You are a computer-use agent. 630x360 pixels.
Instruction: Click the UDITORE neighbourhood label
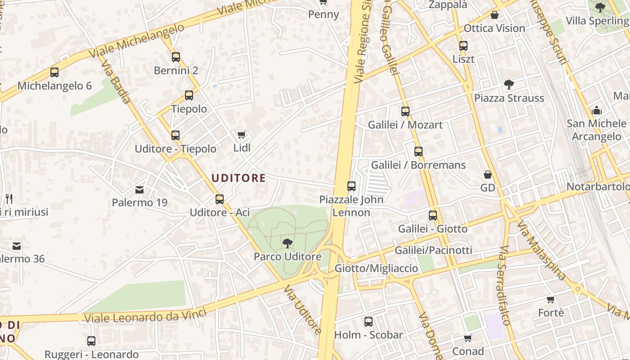click(238, 178)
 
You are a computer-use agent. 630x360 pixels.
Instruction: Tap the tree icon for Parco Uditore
click(287, 243)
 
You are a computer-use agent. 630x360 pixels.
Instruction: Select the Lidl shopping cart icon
click(242, 135)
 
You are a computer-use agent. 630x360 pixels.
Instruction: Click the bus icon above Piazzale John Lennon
click(351, 186)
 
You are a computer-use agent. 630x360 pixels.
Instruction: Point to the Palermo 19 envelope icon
click(139, 190)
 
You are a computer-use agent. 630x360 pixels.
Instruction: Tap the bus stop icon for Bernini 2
click(176, 57)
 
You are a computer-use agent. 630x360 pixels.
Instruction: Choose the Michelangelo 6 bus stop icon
click(54, 72)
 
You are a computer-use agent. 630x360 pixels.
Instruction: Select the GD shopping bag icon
click(488, 175)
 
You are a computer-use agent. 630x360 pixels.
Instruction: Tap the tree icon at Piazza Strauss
click(509, 85)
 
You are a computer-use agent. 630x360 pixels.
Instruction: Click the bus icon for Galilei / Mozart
click(405, 111)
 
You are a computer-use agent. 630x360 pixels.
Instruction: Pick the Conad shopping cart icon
click(468, 338)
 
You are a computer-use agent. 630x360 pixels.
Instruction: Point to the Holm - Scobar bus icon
click(369, 322)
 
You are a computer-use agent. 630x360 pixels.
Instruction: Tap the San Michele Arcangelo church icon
click(597, 110)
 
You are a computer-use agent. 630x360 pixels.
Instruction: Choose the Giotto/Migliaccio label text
click(376, 268)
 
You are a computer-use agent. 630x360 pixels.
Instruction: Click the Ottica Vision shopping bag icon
click(495, 15)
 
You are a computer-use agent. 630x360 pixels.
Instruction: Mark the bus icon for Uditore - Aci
click(220, 199)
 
